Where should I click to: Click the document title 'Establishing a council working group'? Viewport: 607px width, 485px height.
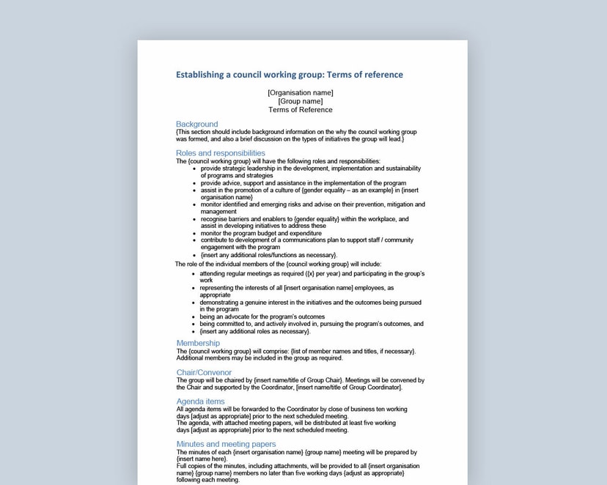coord(289,75)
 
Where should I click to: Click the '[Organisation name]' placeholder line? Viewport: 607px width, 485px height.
coord(300,93)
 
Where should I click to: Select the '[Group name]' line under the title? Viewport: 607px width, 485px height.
coord(300,101)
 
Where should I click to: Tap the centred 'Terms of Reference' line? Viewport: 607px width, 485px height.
coord(300,110)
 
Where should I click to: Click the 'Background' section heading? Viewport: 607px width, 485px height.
coord(196,125)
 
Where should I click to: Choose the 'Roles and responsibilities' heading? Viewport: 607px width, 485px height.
coord(220,153)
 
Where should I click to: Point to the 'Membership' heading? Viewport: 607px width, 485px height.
coord(198,343)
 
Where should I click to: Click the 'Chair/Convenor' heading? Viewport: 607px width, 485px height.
coord(204,372)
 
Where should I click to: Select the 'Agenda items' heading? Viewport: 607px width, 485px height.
coord(200,401)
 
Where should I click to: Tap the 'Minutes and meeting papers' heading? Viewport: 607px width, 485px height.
coord(226,444)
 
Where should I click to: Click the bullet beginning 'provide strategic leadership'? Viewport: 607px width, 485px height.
coord(310,169)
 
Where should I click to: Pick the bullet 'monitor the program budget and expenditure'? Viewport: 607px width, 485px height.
coord(261,233)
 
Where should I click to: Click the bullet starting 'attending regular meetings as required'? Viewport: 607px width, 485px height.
coord(312,273)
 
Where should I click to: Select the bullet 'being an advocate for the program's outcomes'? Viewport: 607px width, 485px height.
coord(262,316)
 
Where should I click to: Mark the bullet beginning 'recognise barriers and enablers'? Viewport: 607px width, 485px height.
coord(304,219)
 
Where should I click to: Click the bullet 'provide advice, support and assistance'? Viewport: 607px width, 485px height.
coord(303,183)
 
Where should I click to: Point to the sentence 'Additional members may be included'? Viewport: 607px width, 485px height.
coord(259,358)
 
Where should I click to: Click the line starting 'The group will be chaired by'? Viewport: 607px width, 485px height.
coord(300,380)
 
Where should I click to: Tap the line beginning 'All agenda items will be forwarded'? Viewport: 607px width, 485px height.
coord(291,410)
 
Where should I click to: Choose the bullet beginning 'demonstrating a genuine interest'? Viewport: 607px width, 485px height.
coord(310,302)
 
